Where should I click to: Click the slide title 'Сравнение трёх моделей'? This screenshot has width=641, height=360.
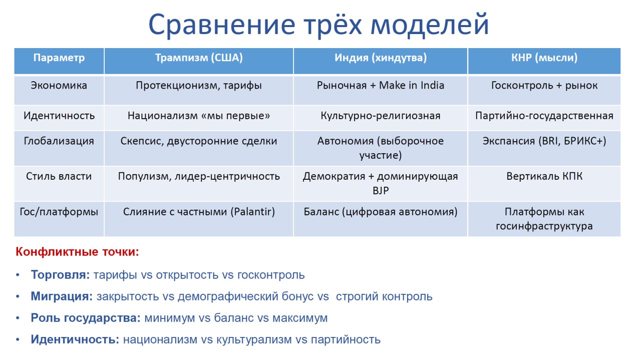pos(318,25)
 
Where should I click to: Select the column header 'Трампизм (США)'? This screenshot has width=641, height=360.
pos(199,58)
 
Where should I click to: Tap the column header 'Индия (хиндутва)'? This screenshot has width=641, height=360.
pos(381,58)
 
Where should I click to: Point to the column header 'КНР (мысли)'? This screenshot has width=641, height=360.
pos(544,58)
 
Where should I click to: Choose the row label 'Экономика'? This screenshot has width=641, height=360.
pos(59,85)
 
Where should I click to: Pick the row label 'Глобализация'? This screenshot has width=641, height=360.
pos(59,141)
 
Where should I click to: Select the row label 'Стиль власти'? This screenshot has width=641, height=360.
pos(59,176)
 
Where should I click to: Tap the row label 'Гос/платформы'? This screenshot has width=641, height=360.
pos(59,212)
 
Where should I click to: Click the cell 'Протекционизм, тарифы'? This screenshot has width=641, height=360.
pos(199,86)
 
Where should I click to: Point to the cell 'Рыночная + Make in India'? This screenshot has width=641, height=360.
pos(381,85)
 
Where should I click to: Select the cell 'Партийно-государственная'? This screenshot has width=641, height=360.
pos(544,116)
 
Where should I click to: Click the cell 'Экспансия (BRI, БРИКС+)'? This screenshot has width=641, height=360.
pos(544,141)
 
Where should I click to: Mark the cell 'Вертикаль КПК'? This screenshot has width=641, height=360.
pos(544,176)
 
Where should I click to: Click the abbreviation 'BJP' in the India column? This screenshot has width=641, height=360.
pos(381,191)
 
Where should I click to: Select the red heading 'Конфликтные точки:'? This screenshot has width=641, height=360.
pos(77,252)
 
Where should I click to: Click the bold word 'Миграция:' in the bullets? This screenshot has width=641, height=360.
pos(62,296)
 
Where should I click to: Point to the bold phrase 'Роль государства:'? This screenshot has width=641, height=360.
pos(86,318)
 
